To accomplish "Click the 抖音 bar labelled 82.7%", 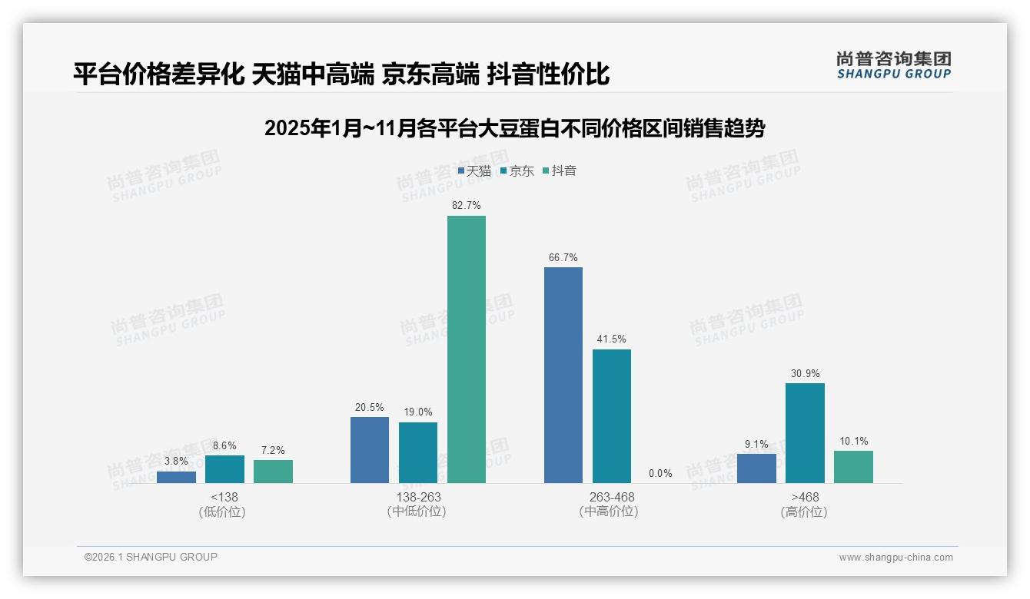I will (467, 349).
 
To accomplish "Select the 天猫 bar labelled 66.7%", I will (563, 375).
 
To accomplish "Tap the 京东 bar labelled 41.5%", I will (612, 416).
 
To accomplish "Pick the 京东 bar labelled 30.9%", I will (805, 433).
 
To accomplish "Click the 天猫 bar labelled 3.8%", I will (176, 477).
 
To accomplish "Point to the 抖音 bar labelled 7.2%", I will (273, 472).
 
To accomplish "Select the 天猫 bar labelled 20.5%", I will (370, 450).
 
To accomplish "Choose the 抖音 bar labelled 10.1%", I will (853, 467).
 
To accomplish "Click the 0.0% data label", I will (660, 474).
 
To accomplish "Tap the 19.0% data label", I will (418, 412).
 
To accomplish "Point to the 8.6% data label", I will (224, 445).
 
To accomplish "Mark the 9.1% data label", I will (756, 444).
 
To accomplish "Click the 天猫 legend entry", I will (474, 171).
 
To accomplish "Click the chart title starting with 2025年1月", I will (514, 128).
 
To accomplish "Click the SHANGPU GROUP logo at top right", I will (893, 65).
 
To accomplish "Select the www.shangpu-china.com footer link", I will (895, 558).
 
